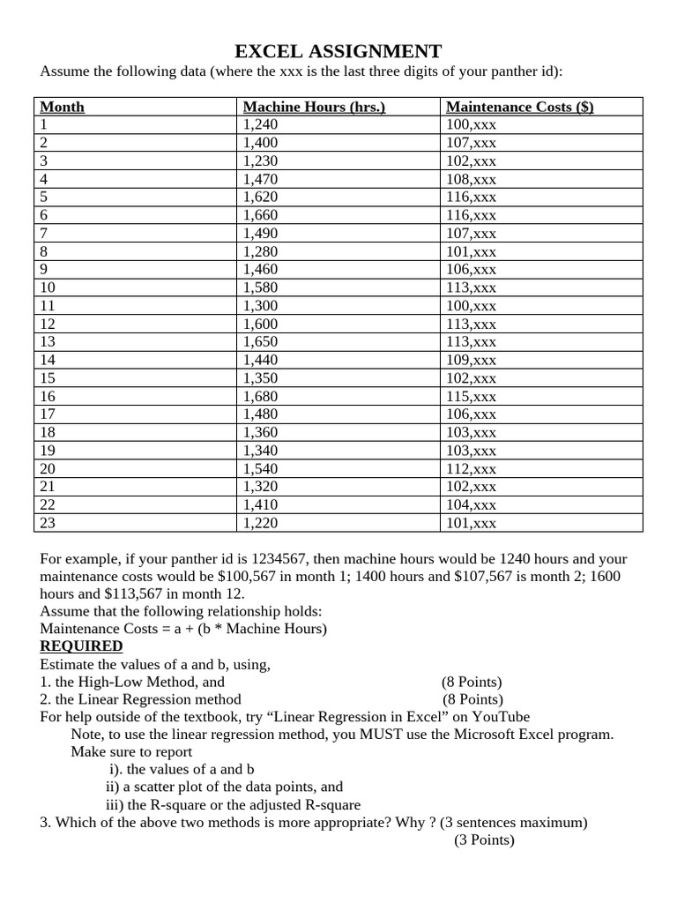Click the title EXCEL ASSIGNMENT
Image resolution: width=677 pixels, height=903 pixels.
(338, 50)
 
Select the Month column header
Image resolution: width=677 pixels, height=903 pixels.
(63, 107)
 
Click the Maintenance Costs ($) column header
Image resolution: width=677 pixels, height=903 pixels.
(520, 107)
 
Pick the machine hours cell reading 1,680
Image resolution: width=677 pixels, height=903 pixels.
(260, 397)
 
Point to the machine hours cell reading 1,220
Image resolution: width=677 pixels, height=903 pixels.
(260, 523)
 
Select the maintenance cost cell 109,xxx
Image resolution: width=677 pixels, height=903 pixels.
(472, 360)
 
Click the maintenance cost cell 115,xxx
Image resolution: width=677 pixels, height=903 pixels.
(472, 397)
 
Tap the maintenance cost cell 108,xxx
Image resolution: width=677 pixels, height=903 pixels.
(472, 179)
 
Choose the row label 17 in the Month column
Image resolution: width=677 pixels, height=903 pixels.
(48, 414)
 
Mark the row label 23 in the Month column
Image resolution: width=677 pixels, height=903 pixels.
(48, 523)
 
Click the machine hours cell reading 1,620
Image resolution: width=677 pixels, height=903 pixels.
(260, 197)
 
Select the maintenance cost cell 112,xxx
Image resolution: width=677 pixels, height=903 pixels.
(472, 469)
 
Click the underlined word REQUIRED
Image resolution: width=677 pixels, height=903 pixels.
(81, 646)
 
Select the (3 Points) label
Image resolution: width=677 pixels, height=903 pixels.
(484, 840)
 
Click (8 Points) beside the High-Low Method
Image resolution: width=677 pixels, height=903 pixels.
(472, 682)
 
